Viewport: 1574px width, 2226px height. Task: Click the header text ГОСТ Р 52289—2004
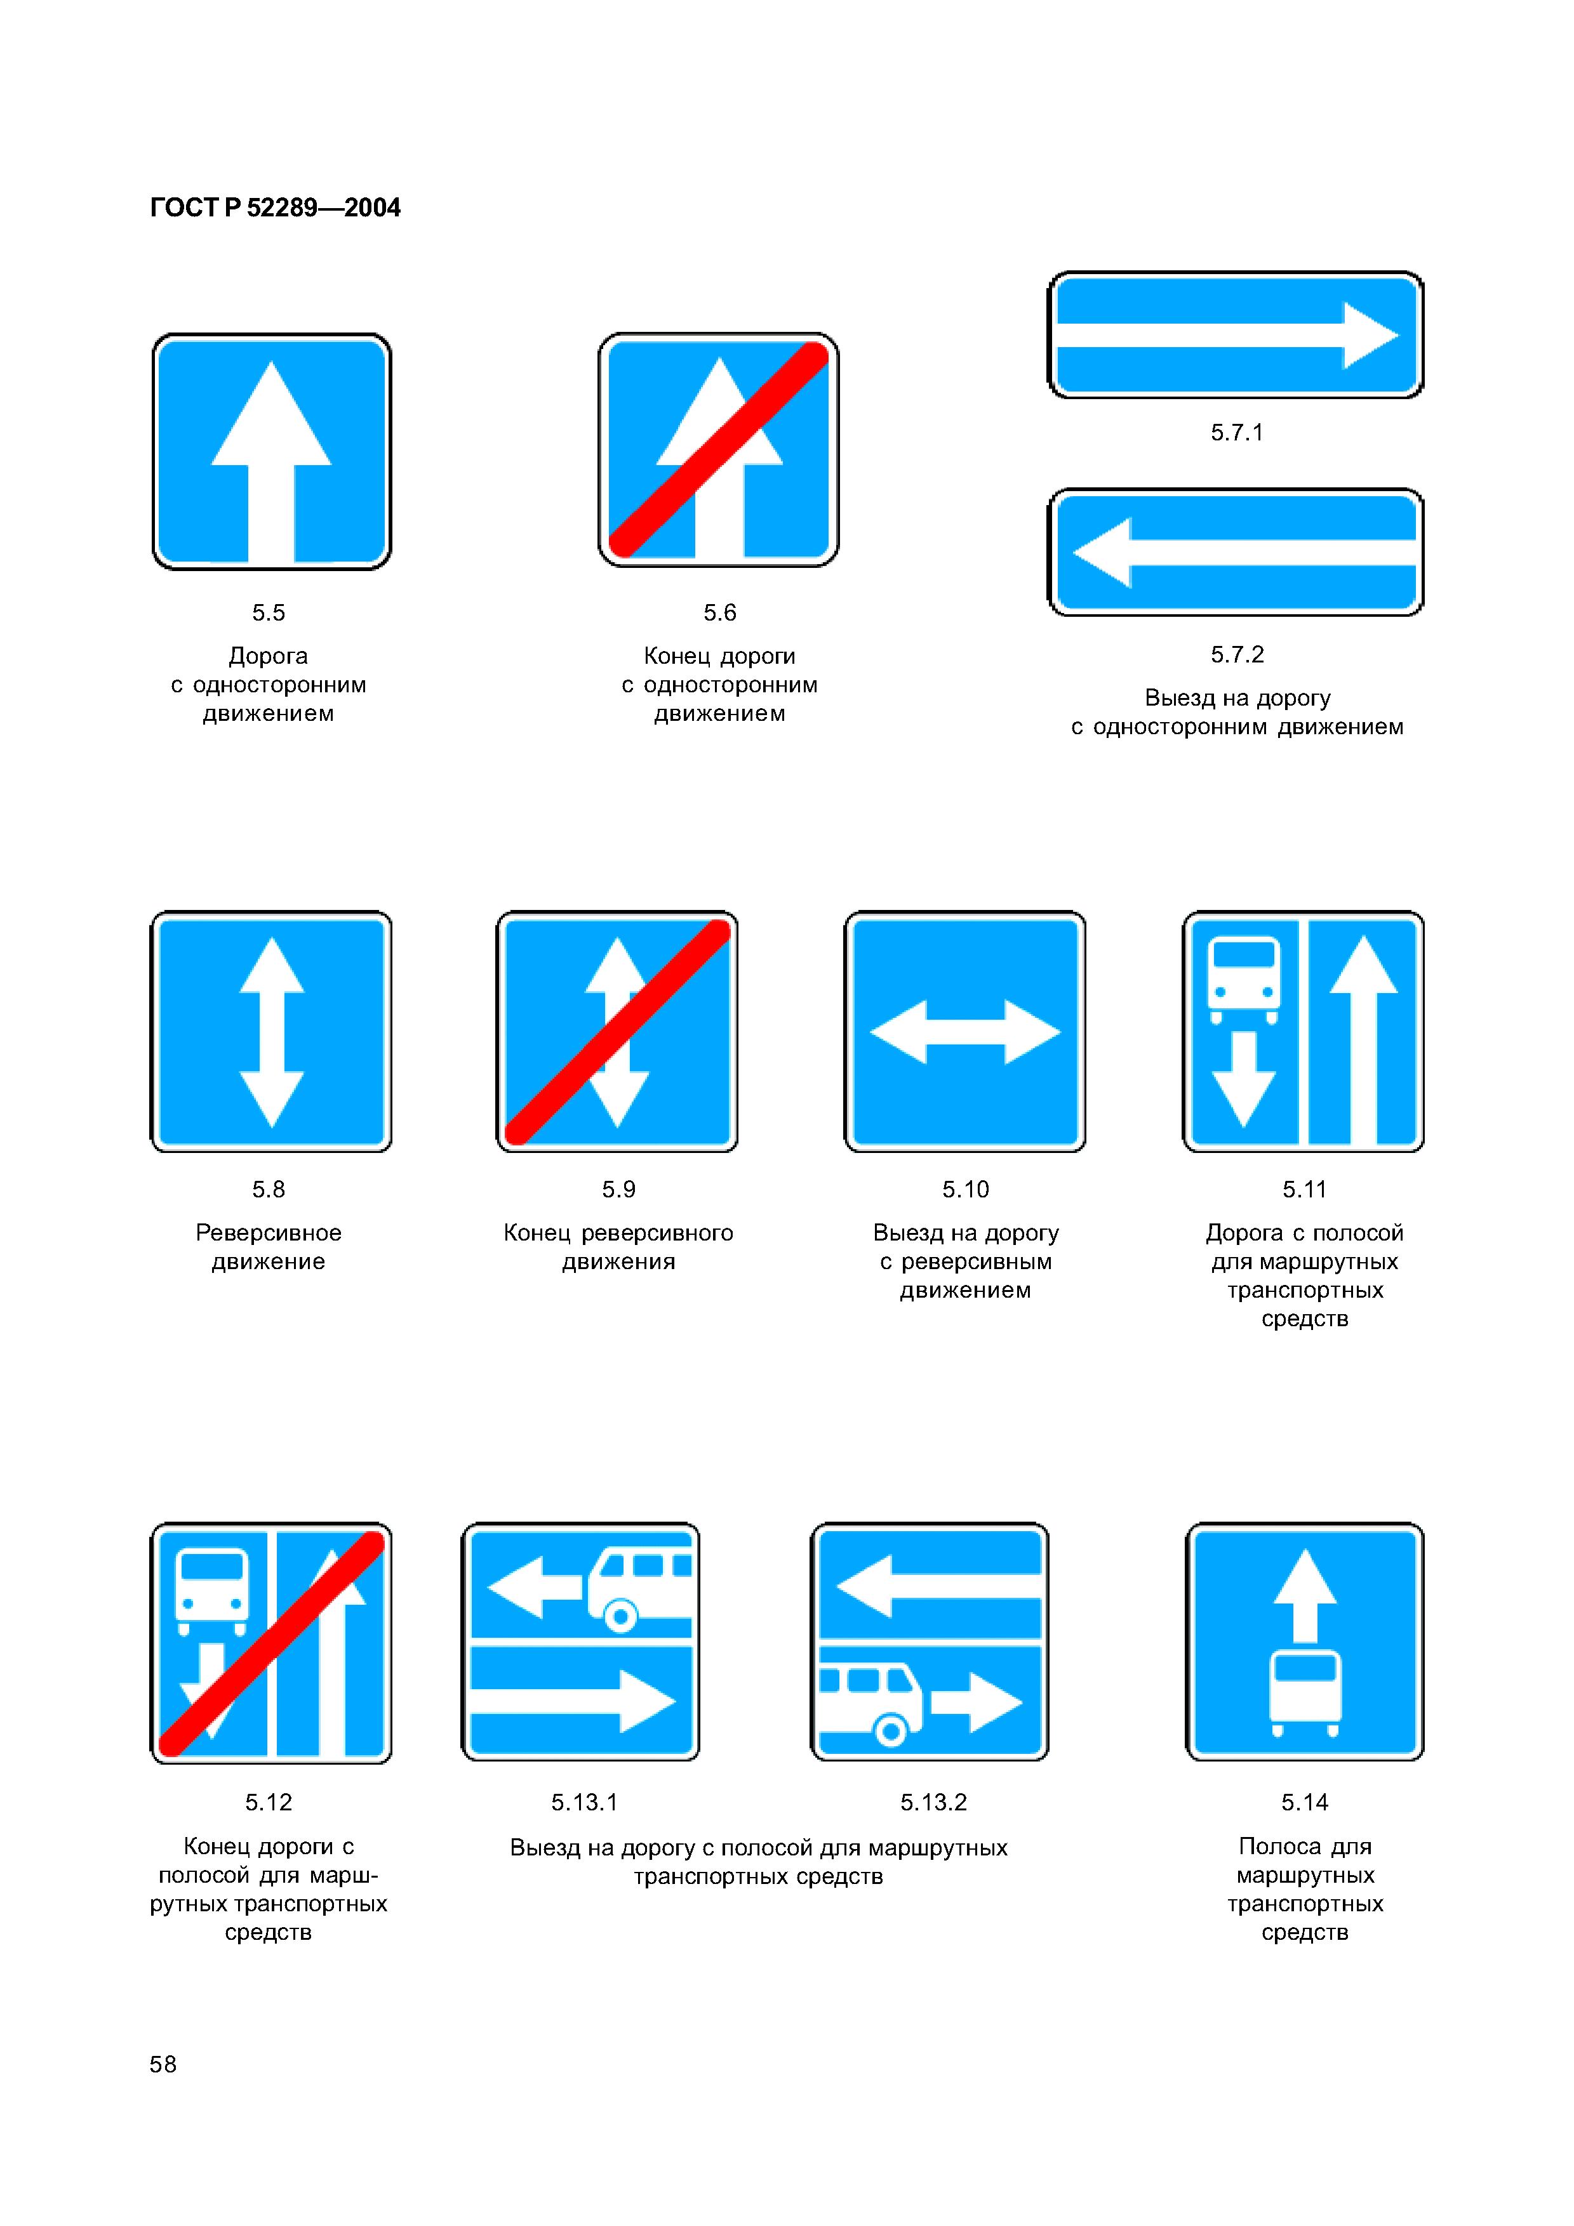276,207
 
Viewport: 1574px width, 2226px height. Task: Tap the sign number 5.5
269,613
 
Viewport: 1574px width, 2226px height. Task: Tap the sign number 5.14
1304,1802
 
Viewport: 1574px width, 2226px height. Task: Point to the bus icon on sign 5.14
1305,1693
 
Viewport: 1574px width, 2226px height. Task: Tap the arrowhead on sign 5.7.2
1102,553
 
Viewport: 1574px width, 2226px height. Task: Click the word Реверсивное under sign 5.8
269,1233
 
